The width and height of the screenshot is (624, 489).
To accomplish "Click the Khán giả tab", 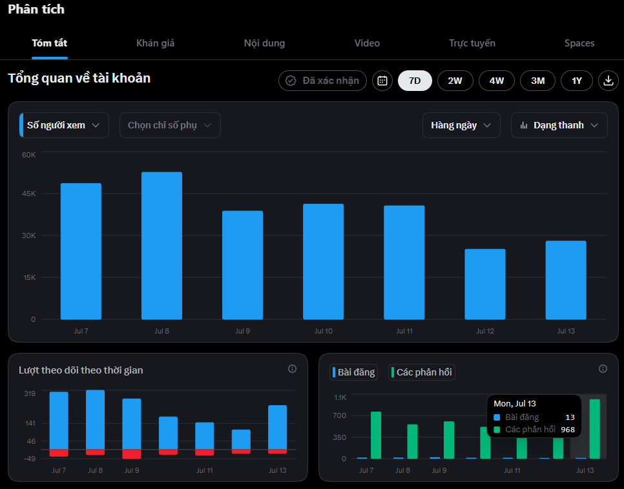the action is click(x=155, y=43).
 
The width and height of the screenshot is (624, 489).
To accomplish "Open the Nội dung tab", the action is click(x=264, y=43).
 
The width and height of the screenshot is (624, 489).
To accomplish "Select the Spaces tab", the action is click(x=579, y=43).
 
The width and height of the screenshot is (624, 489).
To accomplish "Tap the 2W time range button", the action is click(x=455, y=81).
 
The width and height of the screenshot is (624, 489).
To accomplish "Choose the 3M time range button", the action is click(x=537, y=81).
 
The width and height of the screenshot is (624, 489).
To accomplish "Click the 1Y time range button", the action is click(x=577, y=81).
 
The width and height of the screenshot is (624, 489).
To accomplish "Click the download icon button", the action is click(x=608, y=81).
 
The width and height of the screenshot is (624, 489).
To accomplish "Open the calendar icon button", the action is click(x=382, y=81).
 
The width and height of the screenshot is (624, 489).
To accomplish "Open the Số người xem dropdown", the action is click(x=64, y=125).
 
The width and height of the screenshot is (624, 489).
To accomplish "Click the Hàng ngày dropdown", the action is click(x=461, y=125).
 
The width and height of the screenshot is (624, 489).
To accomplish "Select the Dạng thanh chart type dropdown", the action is click(x=559, y=125).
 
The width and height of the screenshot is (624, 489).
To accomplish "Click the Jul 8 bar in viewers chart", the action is click(x=161, y=246).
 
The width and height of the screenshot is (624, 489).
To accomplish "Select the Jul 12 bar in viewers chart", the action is click(x=485, y=284).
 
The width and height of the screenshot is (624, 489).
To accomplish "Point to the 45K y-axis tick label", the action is click(x=29, y=194).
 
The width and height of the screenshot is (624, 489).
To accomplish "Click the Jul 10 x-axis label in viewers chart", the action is click(x=324, y=331).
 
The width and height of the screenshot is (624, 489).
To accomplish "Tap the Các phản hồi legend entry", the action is click(x=421, y=372).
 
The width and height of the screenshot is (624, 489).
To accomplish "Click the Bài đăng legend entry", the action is click(x=353, y=372).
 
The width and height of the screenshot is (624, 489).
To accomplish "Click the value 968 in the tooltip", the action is click(x=568, y=430).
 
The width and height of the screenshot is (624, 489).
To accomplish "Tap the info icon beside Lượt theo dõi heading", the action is click(x=292, y=369).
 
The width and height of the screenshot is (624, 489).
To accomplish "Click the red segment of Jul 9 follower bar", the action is click(x=132, y=454).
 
